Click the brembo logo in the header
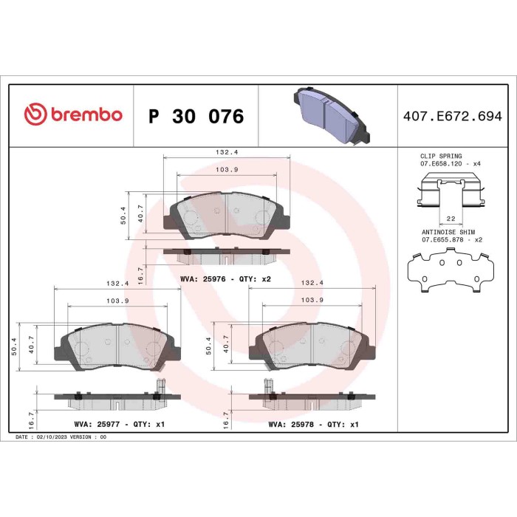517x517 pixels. (x=72, y=116)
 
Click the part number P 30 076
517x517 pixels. (x=196, y=117)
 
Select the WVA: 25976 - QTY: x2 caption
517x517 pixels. (x=205, y=278)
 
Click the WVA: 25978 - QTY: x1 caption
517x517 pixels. (x=313, y=425)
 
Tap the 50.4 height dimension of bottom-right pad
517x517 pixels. (x=209, y=345)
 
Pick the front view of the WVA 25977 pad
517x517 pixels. (x=117, y=345)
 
